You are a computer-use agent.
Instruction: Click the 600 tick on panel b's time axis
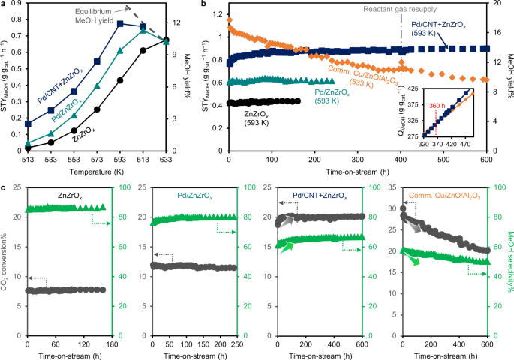click(485, 159)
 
